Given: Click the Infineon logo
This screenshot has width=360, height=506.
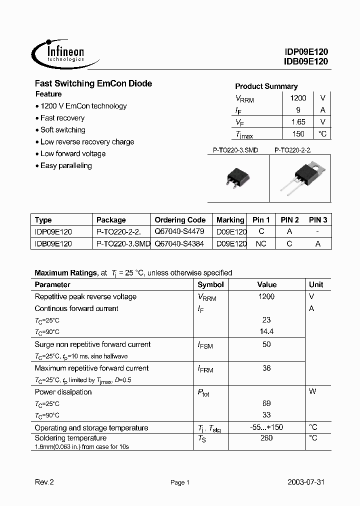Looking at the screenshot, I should click(x=59, y=52).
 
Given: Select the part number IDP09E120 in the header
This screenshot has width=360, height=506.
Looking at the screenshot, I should click(x=306, y=52).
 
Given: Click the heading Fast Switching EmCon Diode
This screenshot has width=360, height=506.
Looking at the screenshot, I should click(x=93, y=83).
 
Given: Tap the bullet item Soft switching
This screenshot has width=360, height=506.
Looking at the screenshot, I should click(x=62, y=130).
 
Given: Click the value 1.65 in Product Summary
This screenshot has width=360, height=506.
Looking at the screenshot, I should click(x=298, y=122).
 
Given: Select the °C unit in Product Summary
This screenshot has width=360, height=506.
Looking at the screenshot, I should click(x=322, y=133).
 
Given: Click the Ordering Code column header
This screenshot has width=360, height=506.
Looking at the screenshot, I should click(x=180, y=220).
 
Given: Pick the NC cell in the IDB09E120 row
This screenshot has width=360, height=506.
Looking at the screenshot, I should click(x=261, y=244).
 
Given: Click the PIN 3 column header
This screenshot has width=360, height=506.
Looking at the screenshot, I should click(x=318, y=220).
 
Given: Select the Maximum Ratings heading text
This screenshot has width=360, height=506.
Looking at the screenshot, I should click(x=65, y=273).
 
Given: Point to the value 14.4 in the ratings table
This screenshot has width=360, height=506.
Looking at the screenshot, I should click(x=266, y=332).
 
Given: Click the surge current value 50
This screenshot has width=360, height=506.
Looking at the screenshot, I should click(x=266, y=344).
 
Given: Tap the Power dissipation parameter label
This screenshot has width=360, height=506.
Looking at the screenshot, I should click(x=63, y=392).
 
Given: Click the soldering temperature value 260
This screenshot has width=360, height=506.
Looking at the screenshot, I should click(x=266, y=438).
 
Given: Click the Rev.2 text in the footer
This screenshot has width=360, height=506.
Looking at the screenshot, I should click(x=44, y=482).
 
